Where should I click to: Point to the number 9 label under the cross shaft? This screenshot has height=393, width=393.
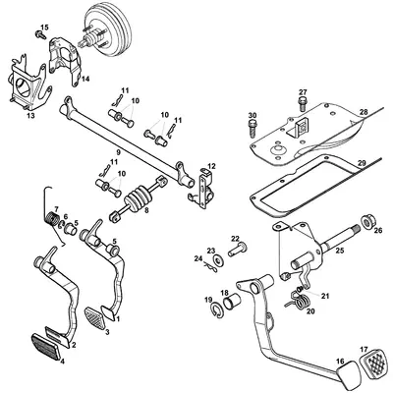(x=118, y=152)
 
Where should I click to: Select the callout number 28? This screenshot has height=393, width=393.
(x=365, y=113)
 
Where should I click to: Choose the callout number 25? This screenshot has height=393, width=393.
(x=339, y=252)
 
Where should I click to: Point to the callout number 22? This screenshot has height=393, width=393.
(x=235, y=239)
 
